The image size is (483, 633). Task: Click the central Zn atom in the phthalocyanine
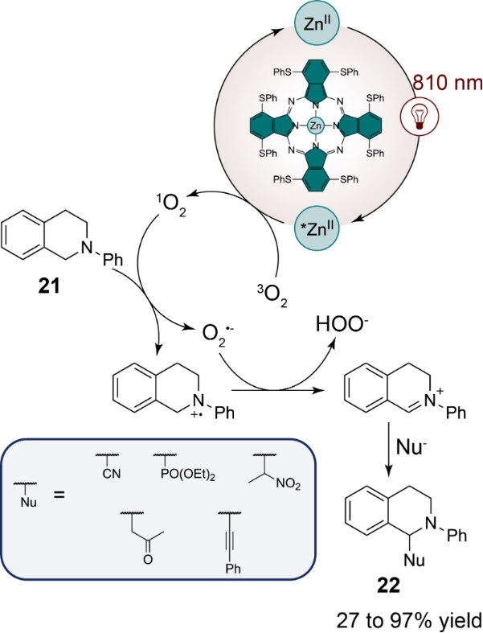click(316, 125)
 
